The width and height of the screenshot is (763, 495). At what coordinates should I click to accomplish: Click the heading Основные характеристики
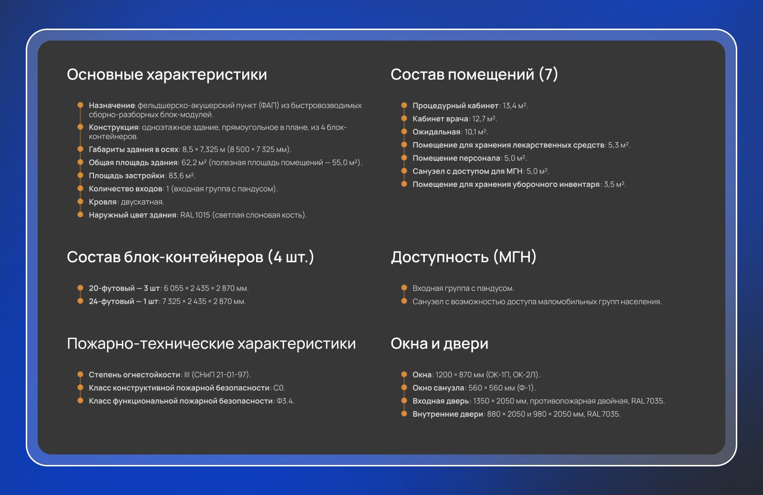coord(167,74)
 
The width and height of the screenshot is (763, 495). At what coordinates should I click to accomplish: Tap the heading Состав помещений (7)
coord(474,74)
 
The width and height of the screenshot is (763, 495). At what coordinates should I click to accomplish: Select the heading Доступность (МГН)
coord(464,257)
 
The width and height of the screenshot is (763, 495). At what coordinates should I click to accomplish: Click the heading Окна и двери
coord(439,344)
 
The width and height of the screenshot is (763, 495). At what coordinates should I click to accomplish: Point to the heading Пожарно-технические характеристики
coord(212,344)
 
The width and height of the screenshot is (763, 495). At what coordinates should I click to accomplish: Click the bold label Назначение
coord(112,105)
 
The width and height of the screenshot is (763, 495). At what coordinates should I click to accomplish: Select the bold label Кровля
coord(103,202)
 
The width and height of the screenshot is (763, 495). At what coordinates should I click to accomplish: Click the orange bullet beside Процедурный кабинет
coord(404,105)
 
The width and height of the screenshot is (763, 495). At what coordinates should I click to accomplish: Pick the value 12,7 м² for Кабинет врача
coord(484,119)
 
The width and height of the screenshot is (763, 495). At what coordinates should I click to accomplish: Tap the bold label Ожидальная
coord(436,132)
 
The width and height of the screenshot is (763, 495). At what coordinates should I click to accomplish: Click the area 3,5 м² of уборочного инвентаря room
coord(614,184)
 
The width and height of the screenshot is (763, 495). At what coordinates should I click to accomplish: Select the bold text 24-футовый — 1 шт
coord(124,301)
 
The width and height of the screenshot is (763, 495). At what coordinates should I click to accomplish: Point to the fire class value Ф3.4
coord(284,401)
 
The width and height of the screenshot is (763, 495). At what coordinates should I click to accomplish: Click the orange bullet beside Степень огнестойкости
coord(81,374)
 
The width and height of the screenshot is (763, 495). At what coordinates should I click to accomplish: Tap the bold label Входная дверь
coord(441,401)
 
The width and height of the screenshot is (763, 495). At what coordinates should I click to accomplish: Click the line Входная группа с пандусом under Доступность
coord(463,289)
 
